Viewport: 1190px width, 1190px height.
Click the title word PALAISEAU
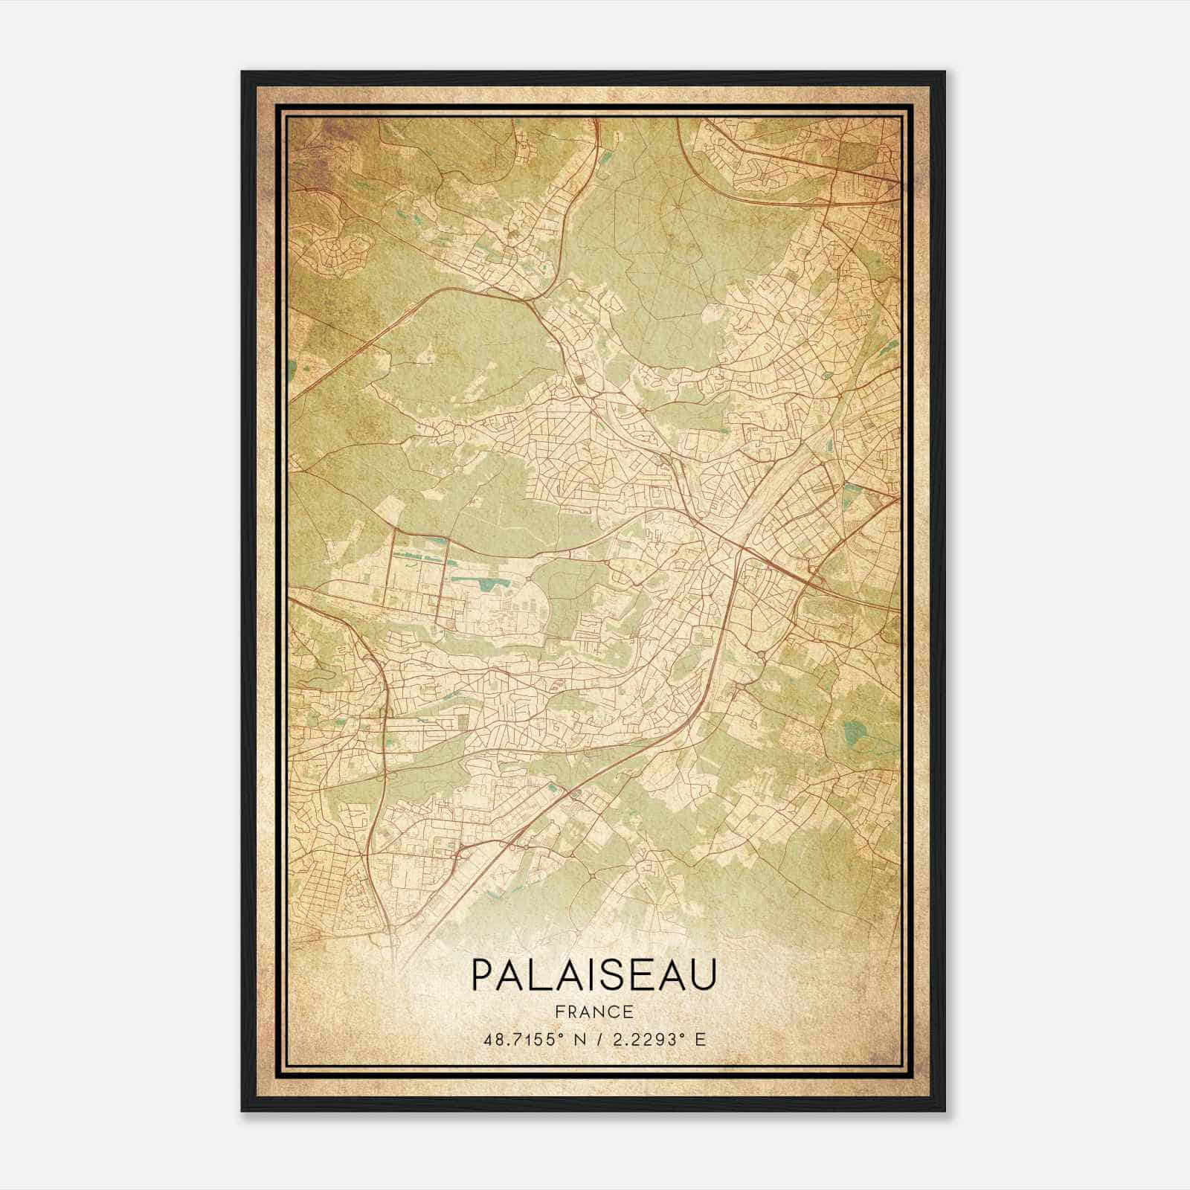[593, 975]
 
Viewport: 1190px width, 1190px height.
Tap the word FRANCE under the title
[593, 1011]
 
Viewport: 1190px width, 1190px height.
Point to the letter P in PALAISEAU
[480, 975]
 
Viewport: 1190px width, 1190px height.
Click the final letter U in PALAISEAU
[704, 975]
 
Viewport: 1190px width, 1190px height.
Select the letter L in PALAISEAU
[539, 975]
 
